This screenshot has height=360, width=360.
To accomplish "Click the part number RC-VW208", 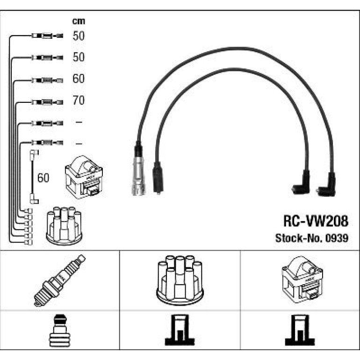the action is pos(316,221).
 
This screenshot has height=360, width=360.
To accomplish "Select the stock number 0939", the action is pos(337,238).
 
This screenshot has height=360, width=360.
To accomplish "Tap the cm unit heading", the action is pos(79,21).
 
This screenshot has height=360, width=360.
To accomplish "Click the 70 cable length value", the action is pos(79,101).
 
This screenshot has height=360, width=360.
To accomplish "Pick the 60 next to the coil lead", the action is pos(43,178).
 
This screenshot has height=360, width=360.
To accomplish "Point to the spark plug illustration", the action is pos(60,281).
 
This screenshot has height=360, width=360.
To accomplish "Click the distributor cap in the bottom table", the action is pos(180,280).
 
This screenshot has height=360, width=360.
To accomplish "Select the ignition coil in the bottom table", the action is pos(302,280).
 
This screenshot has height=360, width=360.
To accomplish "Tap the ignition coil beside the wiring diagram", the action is pos(84,177).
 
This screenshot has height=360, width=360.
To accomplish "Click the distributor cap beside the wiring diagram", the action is pos(64,226).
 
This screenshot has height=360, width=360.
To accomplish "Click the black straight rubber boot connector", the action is pos(158,178).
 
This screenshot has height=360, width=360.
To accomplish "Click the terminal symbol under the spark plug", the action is pos(60,331).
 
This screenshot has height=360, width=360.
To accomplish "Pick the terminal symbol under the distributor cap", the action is pos(180,330).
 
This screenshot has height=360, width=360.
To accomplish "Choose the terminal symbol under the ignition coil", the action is pos(300,330).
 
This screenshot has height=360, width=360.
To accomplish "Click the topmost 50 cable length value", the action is pos(79,36).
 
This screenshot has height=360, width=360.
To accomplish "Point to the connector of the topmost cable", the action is pos(47,36).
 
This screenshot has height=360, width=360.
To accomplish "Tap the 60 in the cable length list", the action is pos(79,79).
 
